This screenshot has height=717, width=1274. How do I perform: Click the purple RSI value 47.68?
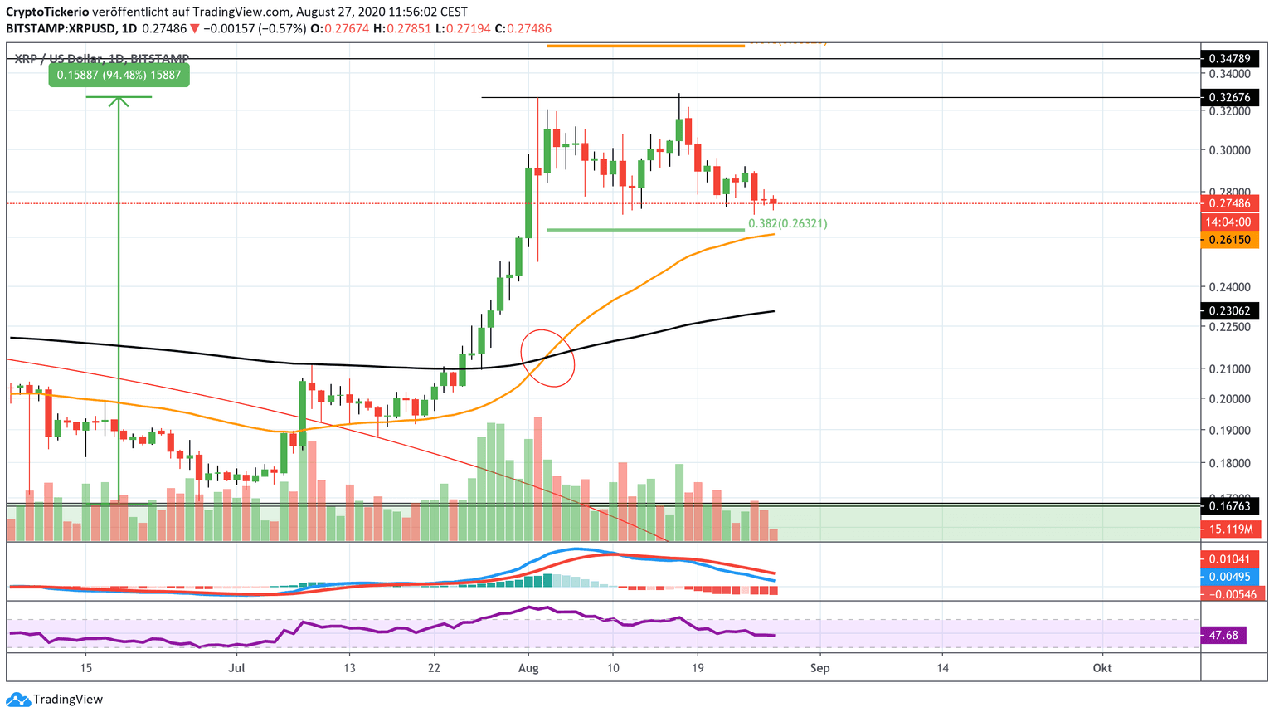coord(1223,636)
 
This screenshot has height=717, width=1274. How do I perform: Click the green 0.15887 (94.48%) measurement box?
coord(119,76)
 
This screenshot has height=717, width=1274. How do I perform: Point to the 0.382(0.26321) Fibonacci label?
coord(787,223)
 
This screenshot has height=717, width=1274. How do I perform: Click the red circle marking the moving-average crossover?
coord(547,358)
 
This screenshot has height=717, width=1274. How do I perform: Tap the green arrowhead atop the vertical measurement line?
coord(119,101)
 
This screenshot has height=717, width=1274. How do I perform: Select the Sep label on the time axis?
coord(819,667)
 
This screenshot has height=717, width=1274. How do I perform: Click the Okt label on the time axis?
coord(1101,667)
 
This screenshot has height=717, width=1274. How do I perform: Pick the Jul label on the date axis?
coord(237,667)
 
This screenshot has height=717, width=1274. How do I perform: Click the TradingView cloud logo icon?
coord(17,700)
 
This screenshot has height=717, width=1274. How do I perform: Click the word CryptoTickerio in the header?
coord(47,12)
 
